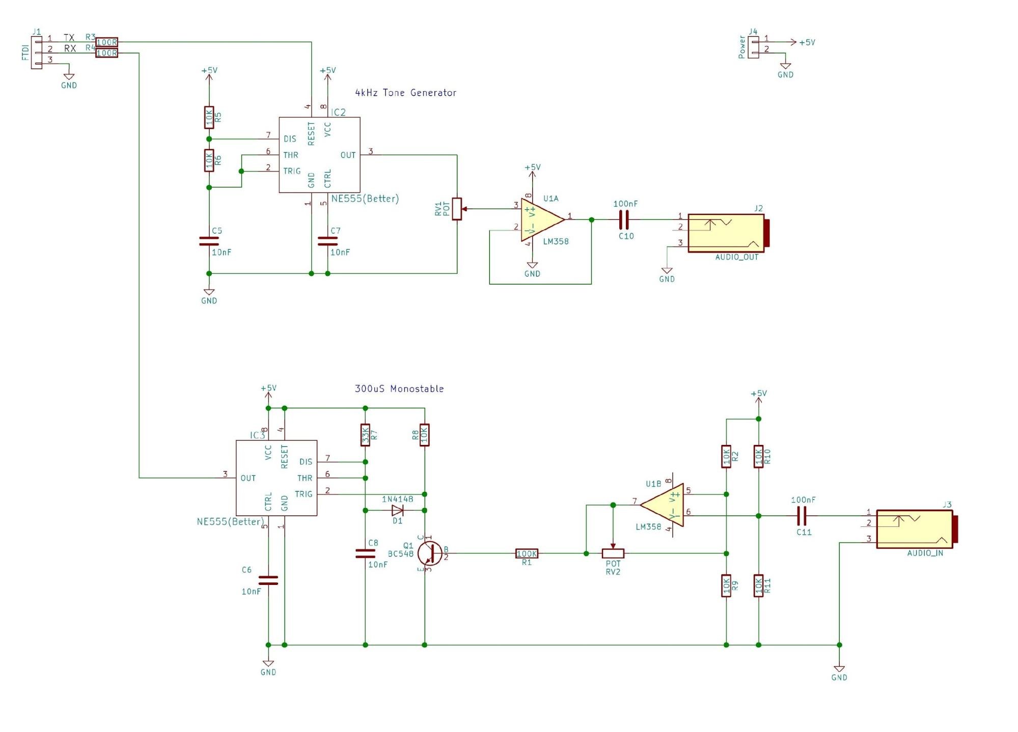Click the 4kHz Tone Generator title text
tap(405, 93)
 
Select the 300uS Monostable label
tap(399, 389)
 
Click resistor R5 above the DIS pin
tap(209, 118)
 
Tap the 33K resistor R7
tap(365, 435)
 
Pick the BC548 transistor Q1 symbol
tap(430, 553)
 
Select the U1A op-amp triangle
tap(541, 220)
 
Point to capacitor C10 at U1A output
tap(624, 220)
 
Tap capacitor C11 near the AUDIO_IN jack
tap(802, 516)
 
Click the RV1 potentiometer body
tap(457, 209)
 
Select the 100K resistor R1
tap(527, 553)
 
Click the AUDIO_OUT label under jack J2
tap(736, 257)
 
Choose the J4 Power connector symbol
tap(753, 47)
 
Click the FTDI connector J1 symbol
tap(37, 52)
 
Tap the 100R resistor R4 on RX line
tap(106, 53)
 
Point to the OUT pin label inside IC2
tap(348, 155)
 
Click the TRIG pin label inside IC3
tap(304, 494)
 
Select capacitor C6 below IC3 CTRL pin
tap(268, 580)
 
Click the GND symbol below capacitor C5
tap(209, 294)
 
